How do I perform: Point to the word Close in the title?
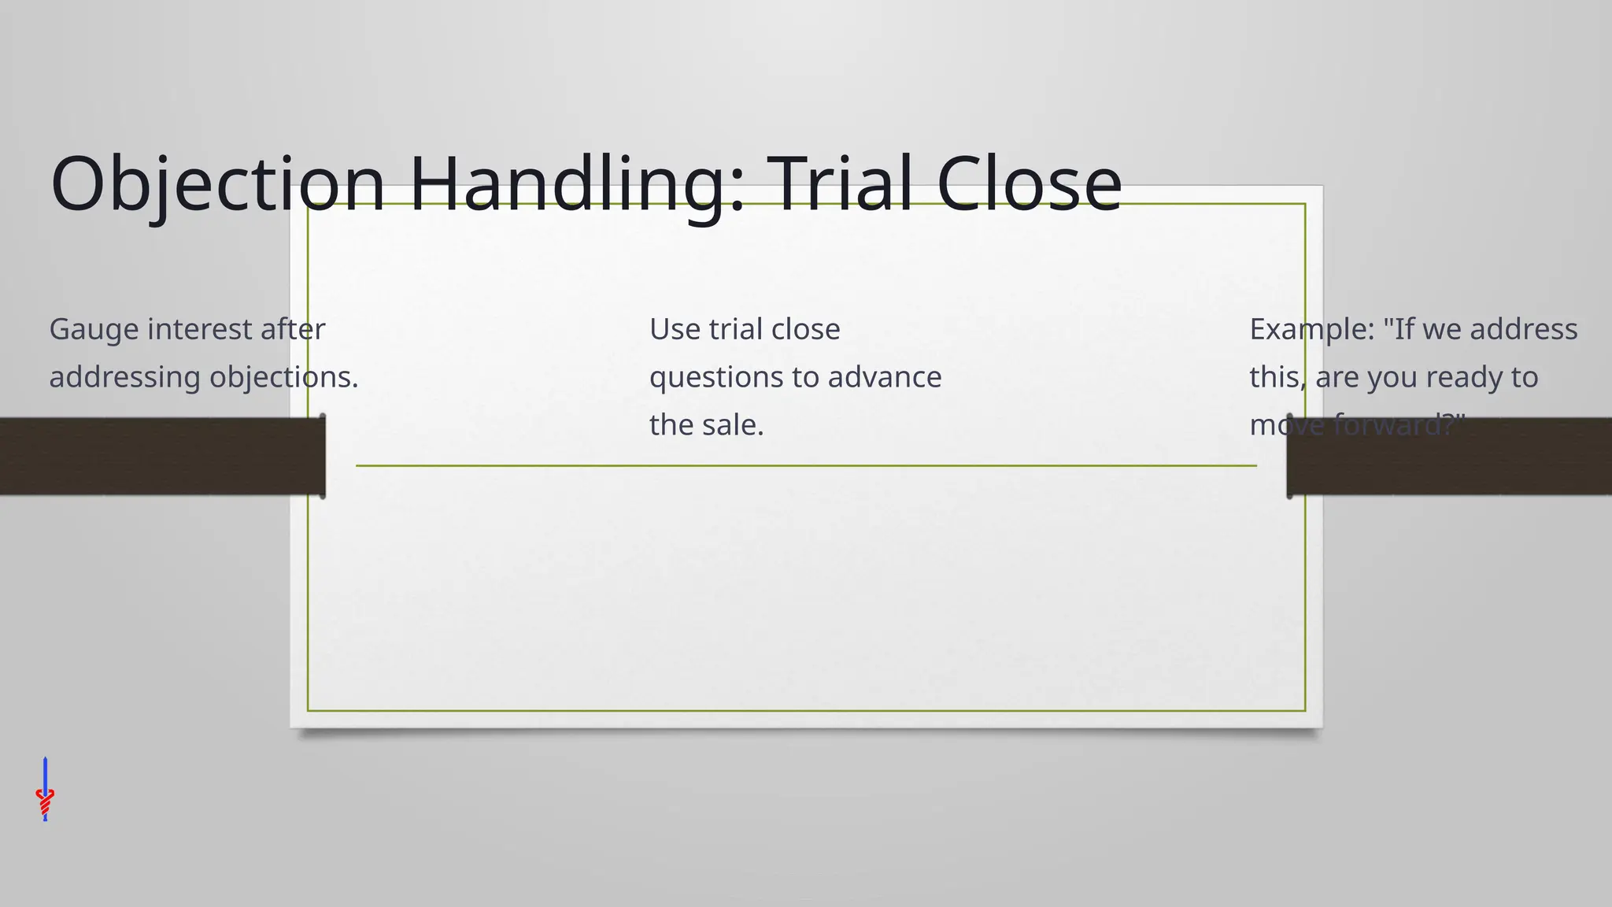1029,184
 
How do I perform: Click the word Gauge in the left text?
93,330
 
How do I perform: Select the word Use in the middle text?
674,329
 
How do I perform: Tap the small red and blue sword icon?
45,790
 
